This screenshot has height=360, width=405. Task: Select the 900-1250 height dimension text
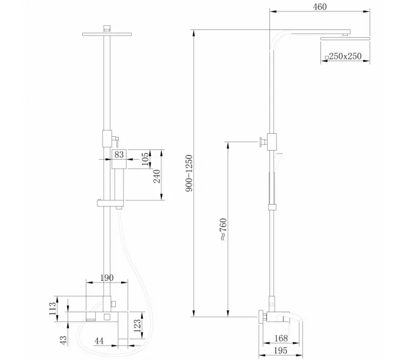click(x=189, y=173)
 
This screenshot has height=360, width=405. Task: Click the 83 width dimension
click(x=118, y=155)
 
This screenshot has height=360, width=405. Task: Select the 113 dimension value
click(x=52, y=309)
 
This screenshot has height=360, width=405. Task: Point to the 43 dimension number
click(x=62, y=340)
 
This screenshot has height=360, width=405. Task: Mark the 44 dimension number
click(x=99, y=341)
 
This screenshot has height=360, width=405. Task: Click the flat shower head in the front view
click(x=107, y=35)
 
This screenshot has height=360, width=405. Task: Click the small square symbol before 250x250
click(x=326, y=57)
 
